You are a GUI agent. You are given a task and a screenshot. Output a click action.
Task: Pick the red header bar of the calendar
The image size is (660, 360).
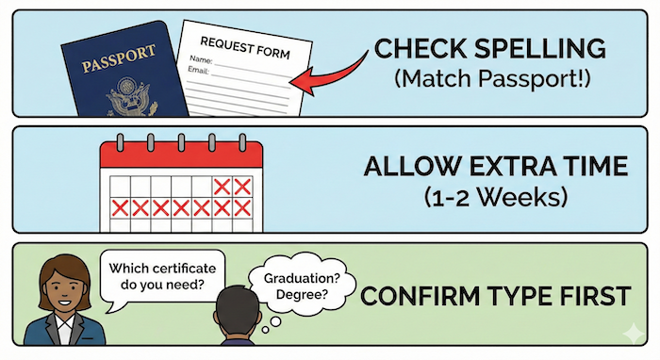click(x=178, y=155)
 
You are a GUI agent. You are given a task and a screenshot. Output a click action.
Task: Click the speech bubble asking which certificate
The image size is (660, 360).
click(x=163, y=271)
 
